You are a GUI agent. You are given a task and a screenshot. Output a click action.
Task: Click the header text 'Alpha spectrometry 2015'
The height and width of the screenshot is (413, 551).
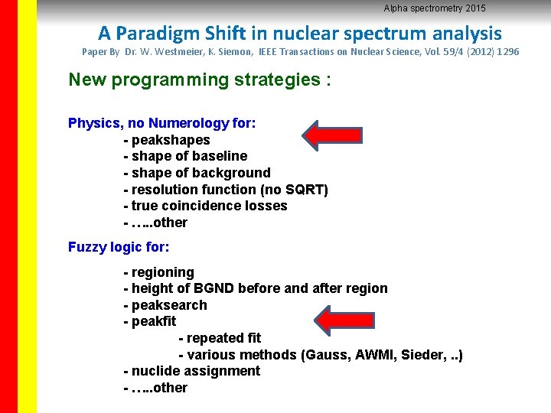pos(434,8)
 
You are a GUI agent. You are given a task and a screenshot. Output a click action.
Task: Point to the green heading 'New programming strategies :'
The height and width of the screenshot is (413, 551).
pos(200,80)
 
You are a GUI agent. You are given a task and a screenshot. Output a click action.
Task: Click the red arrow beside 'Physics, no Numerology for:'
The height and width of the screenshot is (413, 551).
pos(331,134)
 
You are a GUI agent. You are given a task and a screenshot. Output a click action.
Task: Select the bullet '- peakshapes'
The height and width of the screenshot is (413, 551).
pos(166,140)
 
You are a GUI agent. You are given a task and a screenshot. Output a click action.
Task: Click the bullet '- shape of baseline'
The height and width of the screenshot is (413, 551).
pos(185,156)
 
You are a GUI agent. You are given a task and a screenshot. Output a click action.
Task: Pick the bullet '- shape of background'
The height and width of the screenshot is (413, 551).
pos(197,173)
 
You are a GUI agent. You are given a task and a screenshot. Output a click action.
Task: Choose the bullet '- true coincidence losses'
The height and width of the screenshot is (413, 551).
pos(205,206)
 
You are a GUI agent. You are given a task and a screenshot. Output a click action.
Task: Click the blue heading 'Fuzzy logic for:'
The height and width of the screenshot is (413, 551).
pos(119,247)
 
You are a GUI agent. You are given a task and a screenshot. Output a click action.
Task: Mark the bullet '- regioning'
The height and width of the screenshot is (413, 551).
pos(158,272)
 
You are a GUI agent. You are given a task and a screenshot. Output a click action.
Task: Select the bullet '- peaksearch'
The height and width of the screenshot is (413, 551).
pos(165,305)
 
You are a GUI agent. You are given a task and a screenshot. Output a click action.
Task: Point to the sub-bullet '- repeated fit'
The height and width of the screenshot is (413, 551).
pos(220,338)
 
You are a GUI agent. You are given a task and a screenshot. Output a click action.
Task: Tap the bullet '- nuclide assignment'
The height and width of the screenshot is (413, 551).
pos(191,371)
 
